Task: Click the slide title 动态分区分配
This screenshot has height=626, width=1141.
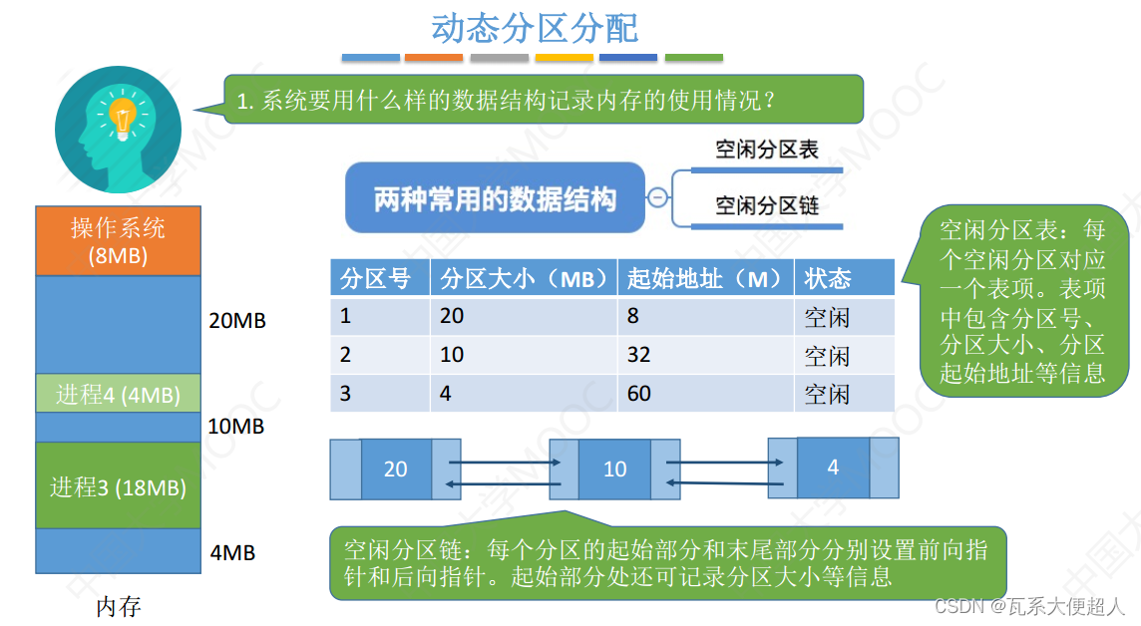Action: click(535, 27)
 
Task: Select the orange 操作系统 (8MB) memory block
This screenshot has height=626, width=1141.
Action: click(118, 240)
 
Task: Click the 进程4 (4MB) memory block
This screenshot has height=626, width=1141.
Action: click(118, 394)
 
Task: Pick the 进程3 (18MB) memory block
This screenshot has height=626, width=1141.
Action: click(118, 486)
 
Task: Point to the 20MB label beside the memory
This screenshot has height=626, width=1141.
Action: click(237, 321)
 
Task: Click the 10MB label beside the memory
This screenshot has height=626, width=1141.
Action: click(235, 427)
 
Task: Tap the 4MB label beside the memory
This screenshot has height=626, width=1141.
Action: click(232, 551)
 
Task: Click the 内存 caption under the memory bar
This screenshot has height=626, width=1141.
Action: click(118, 606)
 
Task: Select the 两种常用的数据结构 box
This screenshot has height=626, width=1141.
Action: click(495, 198)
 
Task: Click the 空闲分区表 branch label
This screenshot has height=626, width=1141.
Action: click(767, 150)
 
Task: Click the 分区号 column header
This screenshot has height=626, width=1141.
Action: click(376, 278)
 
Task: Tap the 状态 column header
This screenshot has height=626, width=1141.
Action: click(828, 278)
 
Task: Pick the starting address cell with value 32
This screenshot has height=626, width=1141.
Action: click(639, 356)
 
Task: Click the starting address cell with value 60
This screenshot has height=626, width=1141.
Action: click(639, 394)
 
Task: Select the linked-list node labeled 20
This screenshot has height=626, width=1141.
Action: click(396, 469)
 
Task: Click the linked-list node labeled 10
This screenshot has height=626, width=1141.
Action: click(615, 469)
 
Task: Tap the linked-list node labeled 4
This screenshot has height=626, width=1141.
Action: click(833, 467)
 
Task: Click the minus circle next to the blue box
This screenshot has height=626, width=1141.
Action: click(658, 197)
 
